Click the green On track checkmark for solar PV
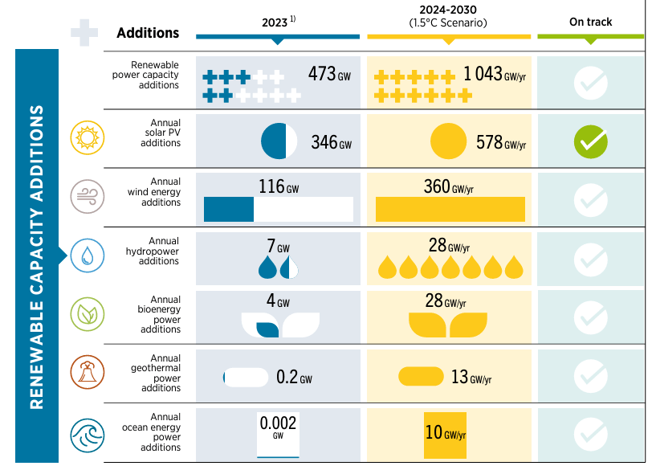(x=590, y=141)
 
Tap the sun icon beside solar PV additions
(x=85, y=137)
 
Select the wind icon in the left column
(x=85, y=196)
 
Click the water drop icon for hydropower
(x=85, y=255)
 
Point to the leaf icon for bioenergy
(x=85, y=314)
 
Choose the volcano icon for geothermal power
(x=85, y=373)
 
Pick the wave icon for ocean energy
(x=85, y=433)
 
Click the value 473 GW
(x=329, y=75)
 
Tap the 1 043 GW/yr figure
(x=494, y=75)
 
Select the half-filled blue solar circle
(x=279, y=141)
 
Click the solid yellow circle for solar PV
(x=448, y=141)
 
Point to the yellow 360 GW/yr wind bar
(x=450, y=209)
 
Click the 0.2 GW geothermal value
(x=293, y=377)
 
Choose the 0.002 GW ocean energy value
(x=278, y=426)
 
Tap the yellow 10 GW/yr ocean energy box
(x=445, y=434)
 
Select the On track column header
(x=590, y=22)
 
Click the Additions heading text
(x=148, y=33)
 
